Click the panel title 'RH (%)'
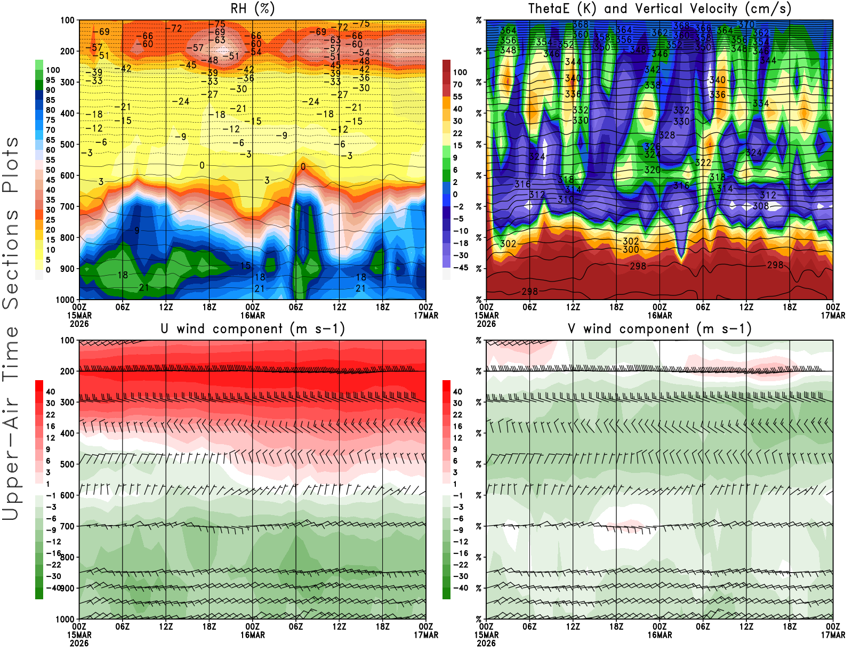[253, 9]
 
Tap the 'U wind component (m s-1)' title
[253, 329]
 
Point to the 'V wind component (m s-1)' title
[659, 329]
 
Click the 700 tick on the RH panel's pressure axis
[68, 206]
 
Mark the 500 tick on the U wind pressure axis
[68, 464]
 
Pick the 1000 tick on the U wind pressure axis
[66, 619]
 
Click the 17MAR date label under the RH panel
[426, 316]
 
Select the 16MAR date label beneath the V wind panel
[659, 636]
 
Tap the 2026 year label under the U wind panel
[79, 644]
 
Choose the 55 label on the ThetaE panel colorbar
[457, 97]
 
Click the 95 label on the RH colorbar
[51, 81]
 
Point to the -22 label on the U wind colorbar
[54, 565]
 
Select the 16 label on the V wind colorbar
[457, 427]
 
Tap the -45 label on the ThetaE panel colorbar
[461, 268]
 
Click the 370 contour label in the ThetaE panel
[746, 25]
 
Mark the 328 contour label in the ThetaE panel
[667, 135]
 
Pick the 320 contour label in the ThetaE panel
[653, 170]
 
